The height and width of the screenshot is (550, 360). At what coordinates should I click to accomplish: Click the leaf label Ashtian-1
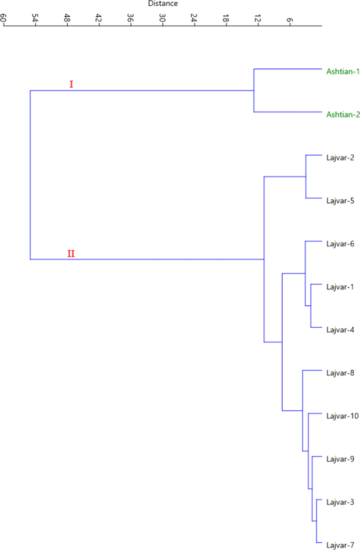(x=343, y=71)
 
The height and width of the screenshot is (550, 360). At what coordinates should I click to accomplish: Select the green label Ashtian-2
(x=343, y=114)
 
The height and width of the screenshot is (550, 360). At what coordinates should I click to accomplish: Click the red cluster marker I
(x=71, y=84)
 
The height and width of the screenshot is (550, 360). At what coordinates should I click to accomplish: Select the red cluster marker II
(x=71, y=254)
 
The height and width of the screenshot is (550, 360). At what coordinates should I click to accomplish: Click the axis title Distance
(x=162, y=4)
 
